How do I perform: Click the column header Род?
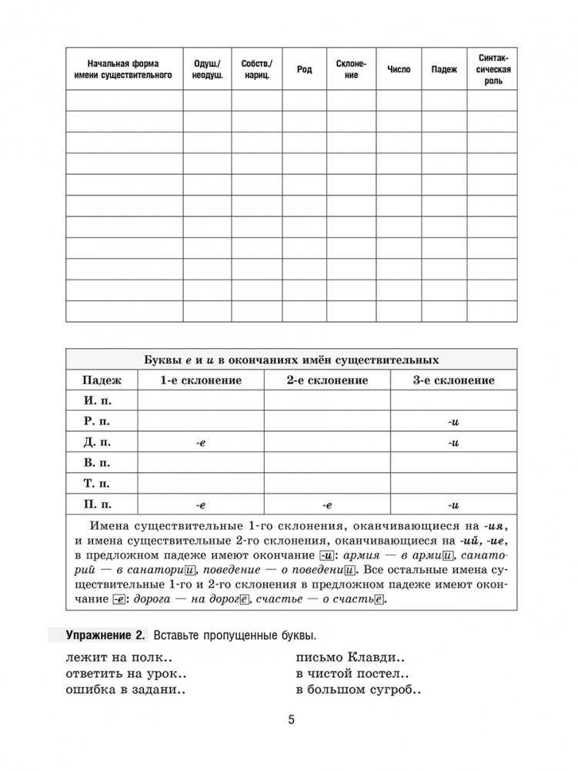click(304, 69)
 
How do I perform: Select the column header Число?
click(399, 69)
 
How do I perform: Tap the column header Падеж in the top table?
click(444, 69)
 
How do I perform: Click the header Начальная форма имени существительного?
click(124, 69)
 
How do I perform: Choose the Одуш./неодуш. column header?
click(207, 69)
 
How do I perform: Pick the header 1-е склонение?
click(200, 380)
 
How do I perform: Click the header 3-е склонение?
click(453, 380)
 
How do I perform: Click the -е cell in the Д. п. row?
click(200, 442)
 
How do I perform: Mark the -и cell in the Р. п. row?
click(453, 421)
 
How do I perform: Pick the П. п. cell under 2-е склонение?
click(326, 505)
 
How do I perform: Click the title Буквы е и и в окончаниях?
click(292, 360)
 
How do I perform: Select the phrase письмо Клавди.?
click(351, 659)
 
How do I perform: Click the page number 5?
click(291, 721)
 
